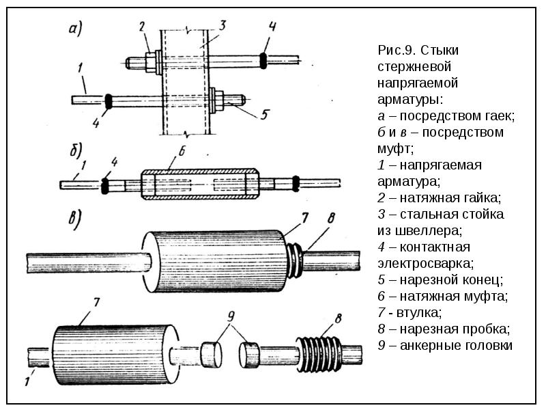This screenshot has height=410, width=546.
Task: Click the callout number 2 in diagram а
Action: click(x=141, y=27)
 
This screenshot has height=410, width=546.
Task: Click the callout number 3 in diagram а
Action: click(x=222, y=25)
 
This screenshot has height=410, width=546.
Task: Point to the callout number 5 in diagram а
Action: click(x=265, y=114)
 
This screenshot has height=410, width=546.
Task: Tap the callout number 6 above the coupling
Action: click(x=182, y=151)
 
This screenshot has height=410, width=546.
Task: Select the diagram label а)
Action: click(x=75, y=29)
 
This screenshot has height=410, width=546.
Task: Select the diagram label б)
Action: click(x=76, y=150)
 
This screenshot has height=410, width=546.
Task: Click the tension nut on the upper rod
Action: click(x=151, y=62)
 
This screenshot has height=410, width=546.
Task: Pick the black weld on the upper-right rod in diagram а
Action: click(x=263, y=60)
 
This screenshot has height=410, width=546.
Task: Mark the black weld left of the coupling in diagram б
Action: click(x=104, y=185)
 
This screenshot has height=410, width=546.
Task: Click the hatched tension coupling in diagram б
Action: click(x=200, y=184)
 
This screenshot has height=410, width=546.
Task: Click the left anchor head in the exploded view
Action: click(x=212, y=355)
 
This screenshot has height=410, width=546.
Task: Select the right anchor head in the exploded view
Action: click(x=250, y=355)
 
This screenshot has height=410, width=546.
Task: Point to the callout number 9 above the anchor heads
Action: click(x=231, y=316)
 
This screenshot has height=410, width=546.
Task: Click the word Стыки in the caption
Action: click(x=439, y=50)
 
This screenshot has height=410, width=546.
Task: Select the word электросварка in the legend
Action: click(x=425, y=263)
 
